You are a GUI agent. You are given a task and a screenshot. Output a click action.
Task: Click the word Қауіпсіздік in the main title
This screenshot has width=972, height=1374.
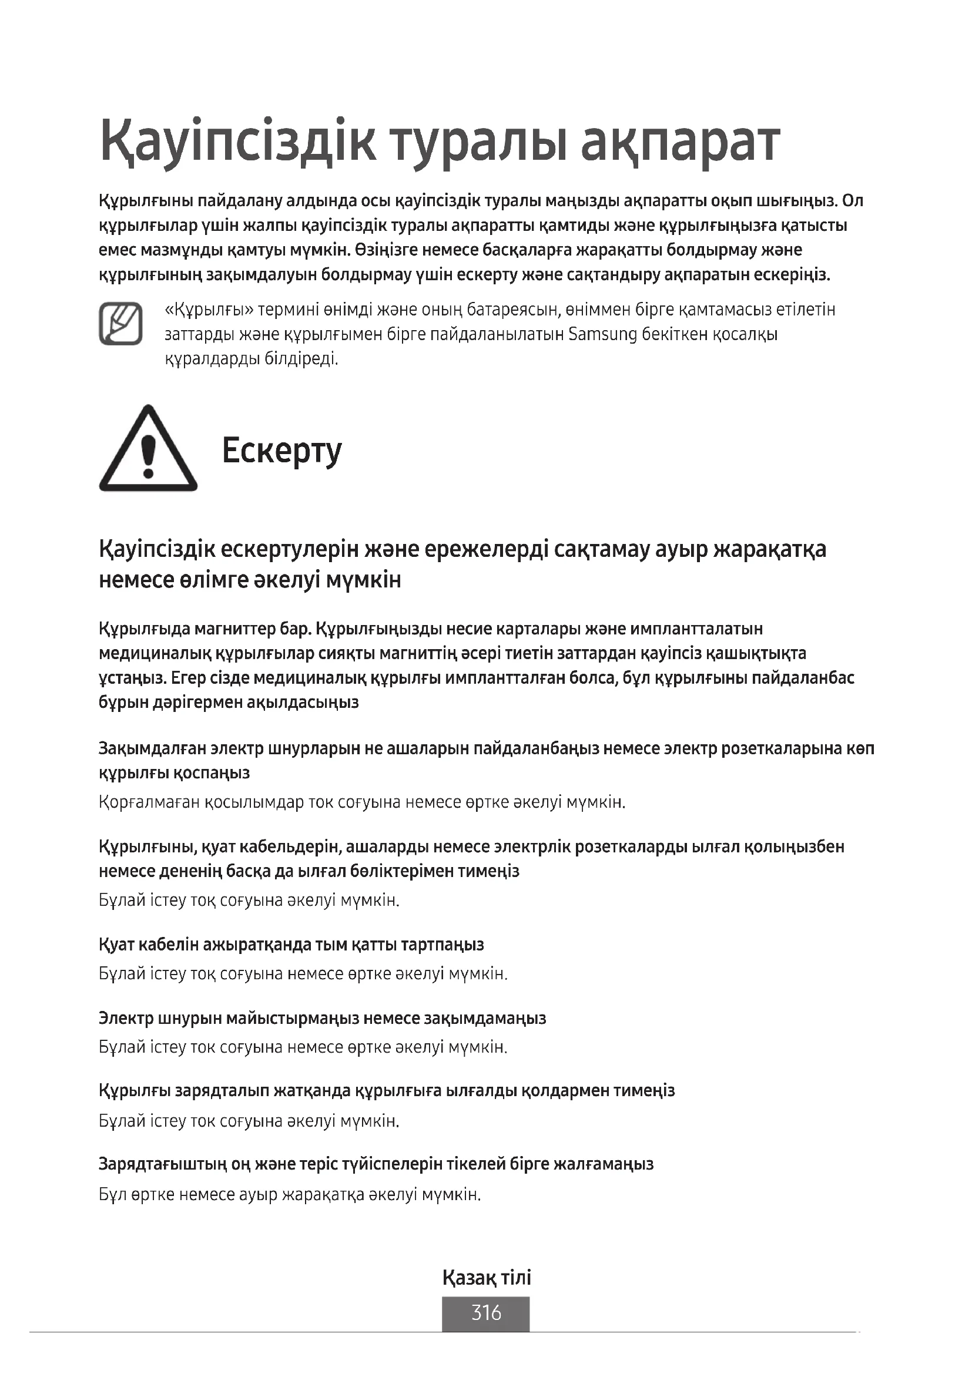pyautogui.click(x=237, y=142)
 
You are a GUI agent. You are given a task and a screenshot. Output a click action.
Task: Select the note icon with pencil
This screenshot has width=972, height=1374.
pyautogui.click(x=120, y=324)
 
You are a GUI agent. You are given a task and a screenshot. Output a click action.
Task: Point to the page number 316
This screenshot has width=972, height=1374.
pyautogui.click(x=486, y=1312)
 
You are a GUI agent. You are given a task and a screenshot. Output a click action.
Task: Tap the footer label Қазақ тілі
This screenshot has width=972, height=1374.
pyautogui.click(x=486, y=1278)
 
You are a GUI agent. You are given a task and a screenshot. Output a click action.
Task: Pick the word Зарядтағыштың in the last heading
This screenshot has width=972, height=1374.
pyautogui.click(x=163, y=1164)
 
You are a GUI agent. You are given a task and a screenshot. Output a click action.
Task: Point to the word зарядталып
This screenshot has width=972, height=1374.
pyautogui.click(x=222, y=1091)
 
